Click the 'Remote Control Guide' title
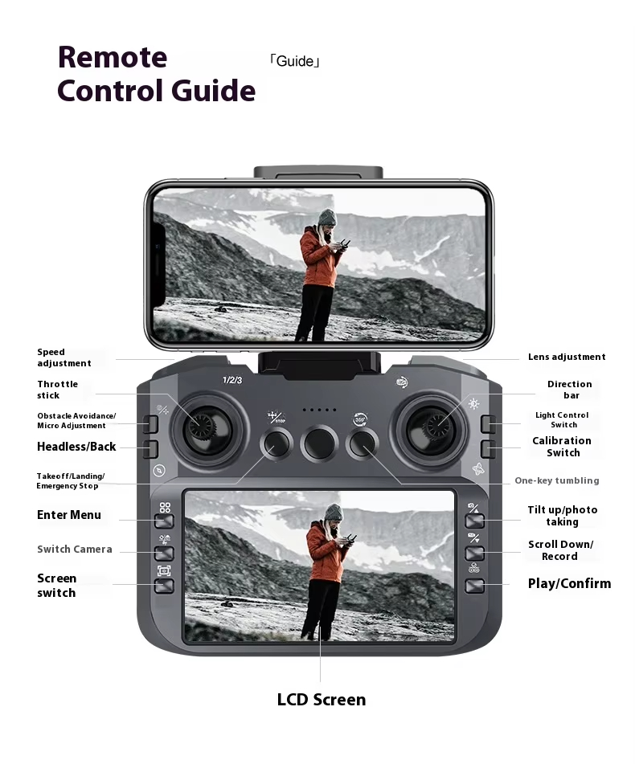pyautogui.click(x=156, y=74)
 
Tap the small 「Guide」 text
pyautogui.click(x=294, y=61)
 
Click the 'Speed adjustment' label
pyautogui.click(x=63, y=357)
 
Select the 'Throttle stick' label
pyautogui.click(x=57, y=390)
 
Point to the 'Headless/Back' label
pyautogui.click(x=76, y=447)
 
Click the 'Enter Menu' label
pyautogui.click(x=69, y=515)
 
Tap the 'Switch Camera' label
pyautogui.click(x=75, y=550)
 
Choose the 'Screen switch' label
pyautogui.click(x=56, y=586)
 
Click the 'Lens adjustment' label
pyautogui.click(x=567, y=357)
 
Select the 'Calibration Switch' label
pyautogui.click(x=562, y=447)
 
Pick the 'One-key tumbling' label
pyautogui.click(x=556, y=480)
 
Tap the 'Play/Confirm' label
pyautogui.click(x=569, y=584)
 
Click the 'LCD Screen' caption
pyautogui.click(x=321, y=700)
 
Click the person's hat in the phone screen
pyautogui.click(x=326, y=218)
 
